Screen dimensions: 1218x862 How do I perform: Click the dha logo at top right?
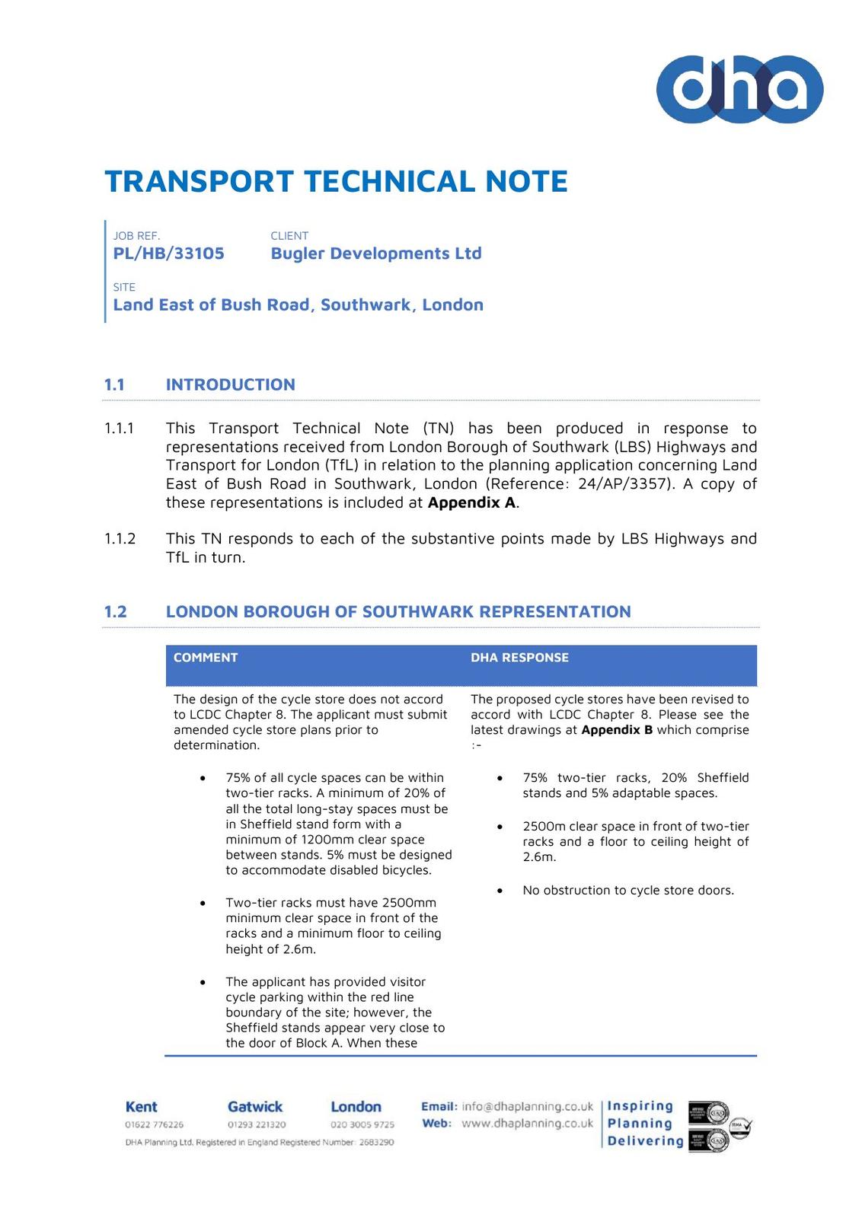click(x=739, y=89)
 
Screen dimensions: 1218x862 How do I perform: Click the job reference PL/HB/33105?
click(x=168, y=253)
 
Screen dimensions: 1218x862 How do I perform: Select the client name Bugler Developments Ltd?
click(x=375, y=253)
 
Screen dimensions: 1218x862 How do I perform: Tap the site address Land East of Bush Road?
click(x=298, y=304)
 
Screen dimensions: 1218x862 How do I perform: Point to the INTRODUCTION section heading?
click(x=230, y=384)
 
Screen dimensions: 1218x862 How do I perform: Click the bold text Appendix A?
click(x=471, y=502)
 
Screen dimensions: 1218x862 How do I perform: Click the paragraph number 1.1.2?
click(x=120, y=539)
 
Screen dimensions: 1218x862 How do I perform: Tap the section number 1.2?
click(x=115, y=612)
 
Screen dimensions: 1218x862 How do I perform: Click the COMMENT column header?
click(x=206, y=658)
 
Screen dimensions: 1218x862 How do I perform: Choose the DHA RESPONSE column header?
click(x=519, y=658)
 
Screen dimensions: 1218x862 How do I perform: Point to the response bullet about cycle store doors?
click(x=628, y=891)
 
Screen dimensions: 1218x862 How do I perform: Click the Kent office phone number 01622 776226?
click(x=154, y=1124)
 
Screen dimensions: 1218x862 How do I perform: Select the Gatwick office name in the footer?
click(x=254, y=1107)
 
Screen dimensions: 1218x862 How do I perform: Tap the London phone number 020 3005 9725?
click(x=362, y=1124)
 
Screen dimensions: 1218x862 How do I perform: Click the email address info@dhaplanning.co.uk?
click(x=527, y=1106)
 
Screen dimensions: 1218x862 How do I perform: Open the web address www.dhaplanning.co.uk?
click(x=527, y=1124)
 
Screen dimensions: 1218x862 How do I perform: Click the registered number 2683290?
click(x=376, y=1143)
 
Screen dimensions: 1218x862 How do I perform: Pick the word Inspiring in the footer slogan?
click(x=640, y=1106)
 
